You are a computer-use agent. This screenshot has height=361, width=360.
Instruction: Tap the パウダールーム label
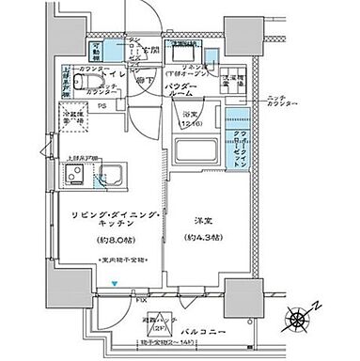[181, 90]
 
